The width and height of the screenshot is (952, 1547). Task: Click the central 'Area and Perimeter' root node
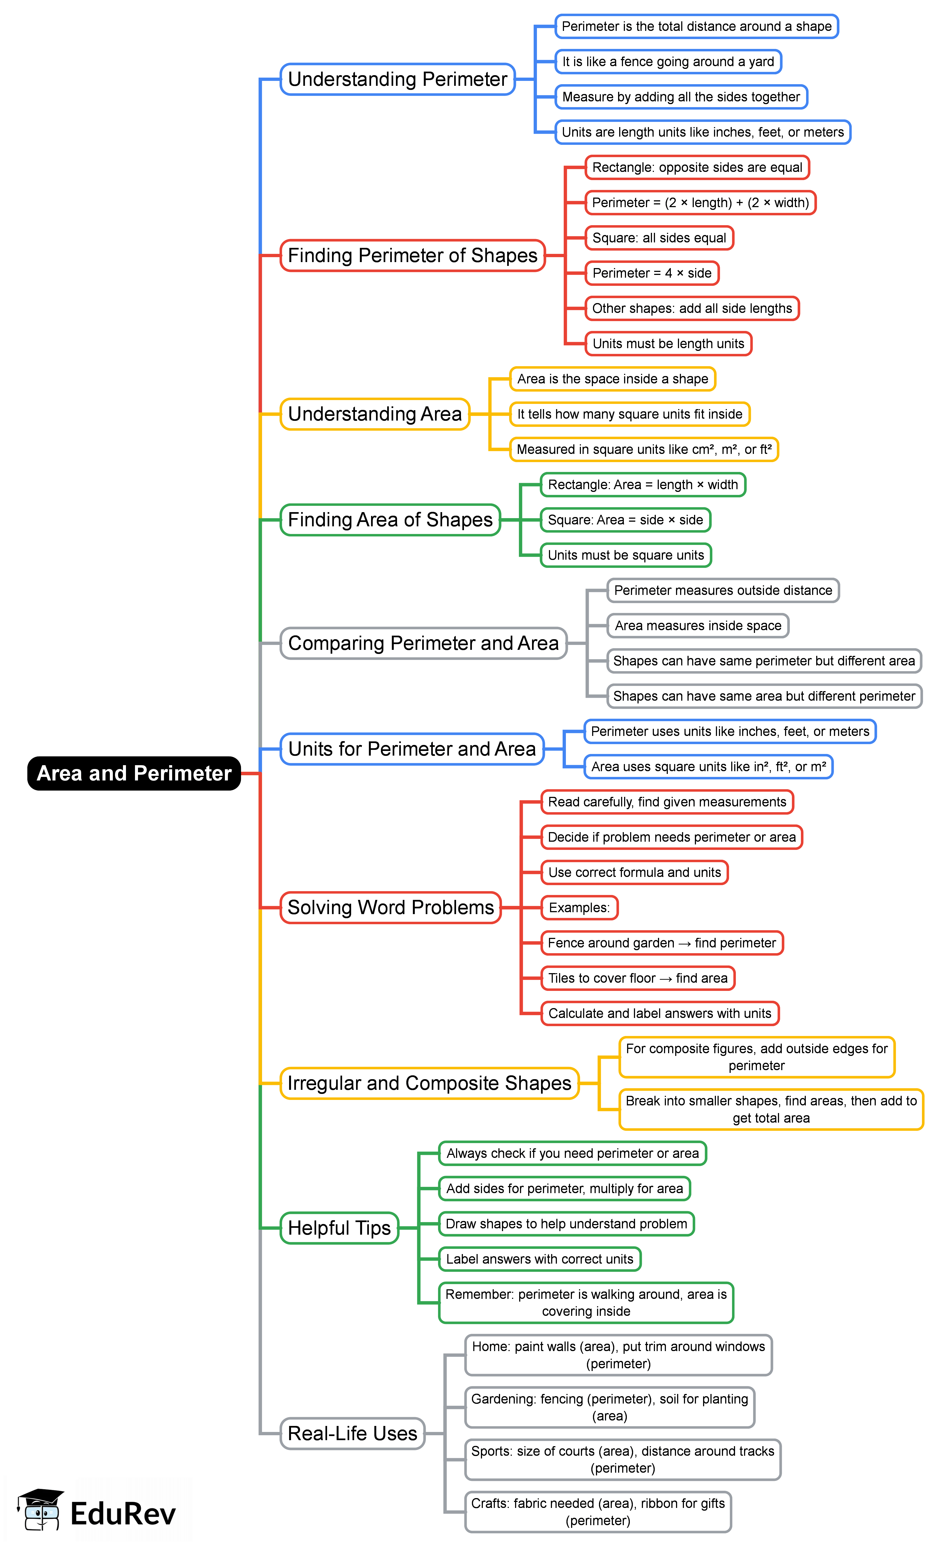(134, 773)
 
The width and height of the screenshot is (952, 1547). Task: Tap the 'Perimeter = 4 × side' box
(652, 273)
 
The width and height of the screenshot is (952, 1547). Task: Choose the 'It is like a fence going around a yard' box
(668, 62)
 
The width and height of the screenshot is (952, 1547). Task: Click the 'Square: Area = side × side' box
(625, 520)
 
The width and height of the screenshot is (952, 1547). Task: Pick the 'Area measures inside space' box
(698, 626)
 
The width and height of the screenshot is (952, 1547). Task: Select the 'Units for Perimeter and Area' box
(412, 749)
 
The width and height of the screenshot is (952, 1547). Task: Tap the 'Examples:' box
(579, 908)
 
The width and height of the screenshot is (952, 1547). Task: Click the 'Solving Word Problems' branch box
(390, 908)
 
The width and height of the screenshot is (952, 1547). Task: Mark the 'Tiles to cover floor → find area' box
(638, 978)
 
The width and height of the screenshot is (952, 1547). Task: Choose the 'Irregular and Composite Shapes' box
(429, 1084)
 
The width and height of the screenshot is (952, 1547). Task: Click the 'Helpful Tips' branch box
(339, 1228)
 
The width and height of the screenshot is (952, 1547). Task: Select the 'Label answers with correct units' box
(540, 1259)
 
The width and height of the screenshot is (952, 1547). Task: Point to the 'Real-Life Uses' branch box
(352, 1434)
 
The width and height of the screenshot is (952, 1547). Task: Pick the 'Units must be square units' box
(626, 555)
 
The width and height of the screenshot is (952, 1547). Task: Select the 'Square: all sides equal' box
(659, 238)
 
